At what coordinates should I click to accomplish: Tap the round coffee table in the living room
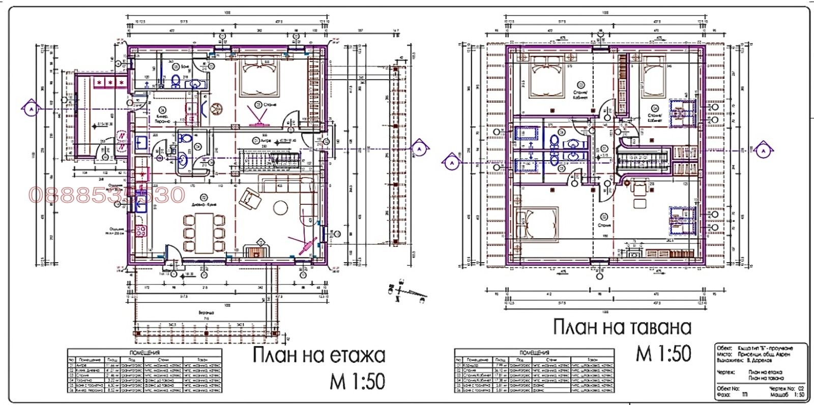(x=281, y=207)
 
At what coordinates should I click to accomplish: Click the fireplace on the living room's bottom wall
(x=256, y=252)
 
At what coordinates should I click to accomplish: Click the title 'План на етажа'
(x=318, y=355)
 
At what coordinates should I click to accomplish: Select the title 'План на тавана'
(x=622, y=327)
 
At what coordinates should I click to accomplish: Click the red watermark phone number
(x=107, y=195)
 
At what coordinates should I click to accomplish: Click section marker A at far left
(x=31, y=109)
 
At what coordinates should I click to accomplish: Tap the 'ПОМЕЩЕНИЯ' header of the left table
(x=145, y=352)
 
